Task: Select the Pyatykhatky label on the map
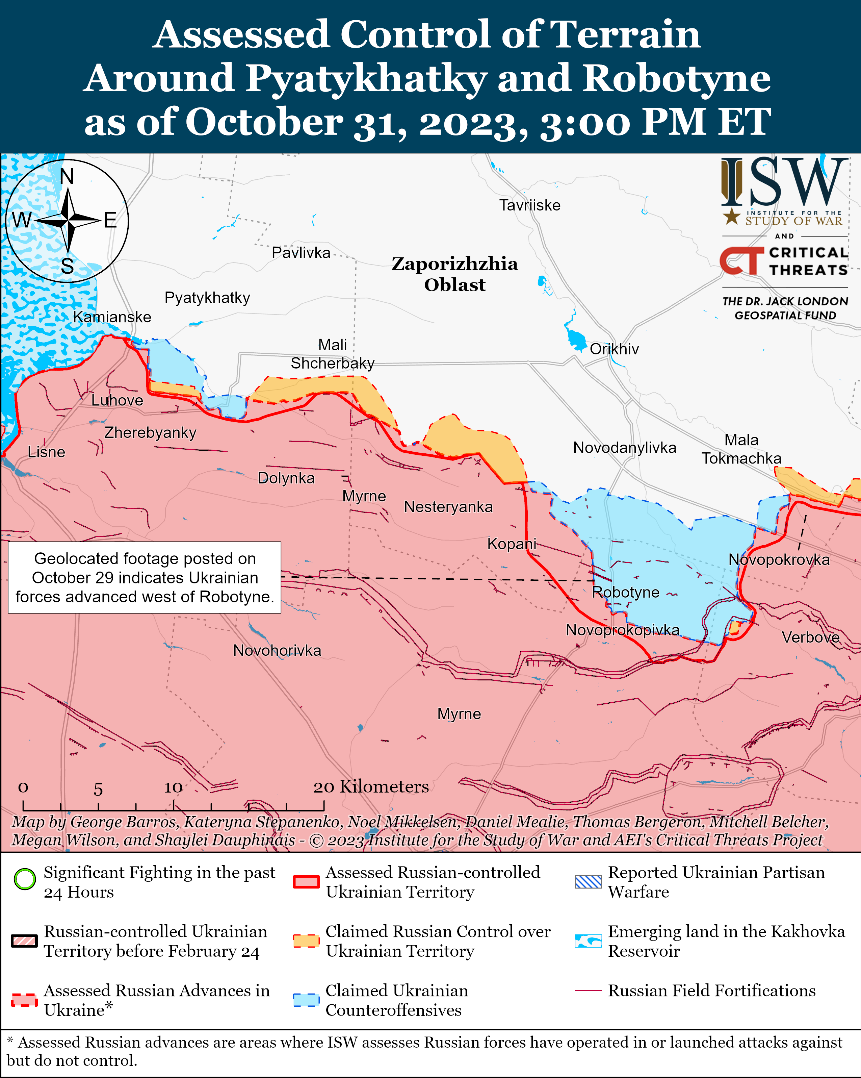pyautogui.click(x=207, y=298)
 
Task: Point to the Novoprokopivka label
pyautogui.click(x=622, y=630)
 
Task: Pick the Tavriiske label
pyautogui.click(x=530, y=205)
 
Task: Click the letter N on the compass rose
pyautogui.click(x=67, y=176)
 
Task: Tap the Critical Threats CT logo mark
pyautogui.click(x=741, y=260)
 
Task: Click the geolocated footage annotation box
pyautogui.click(x=145, y=577)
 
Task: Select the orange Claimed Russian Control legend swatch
pyautogui.click(x=306, y=941)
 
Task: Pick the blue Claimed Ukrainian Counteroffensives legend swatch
pyautogui.click(x=306, y=1000)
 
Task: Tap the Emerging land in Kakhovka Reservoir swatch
pyautogui.click(x=588, y=941)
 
